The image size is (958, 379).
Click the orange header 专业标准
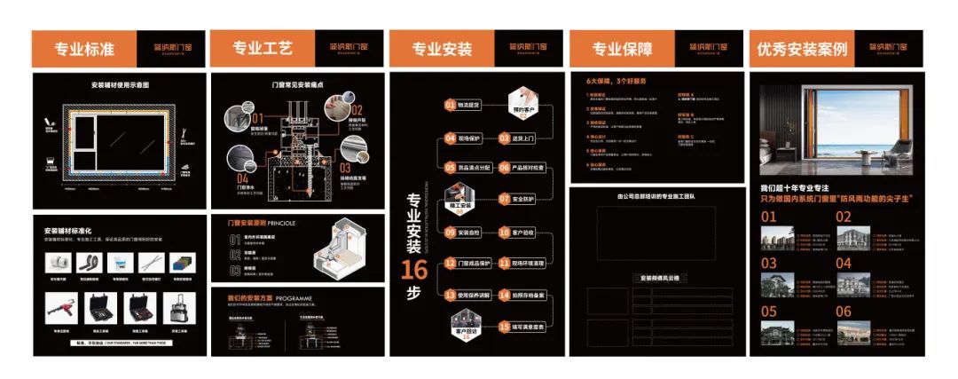[84, 49]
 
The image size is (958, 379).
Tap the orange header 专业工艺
[263, 49]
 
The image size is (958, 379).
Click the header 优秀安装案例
[802, 49]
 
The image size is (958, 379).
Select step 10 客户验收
[522, 232]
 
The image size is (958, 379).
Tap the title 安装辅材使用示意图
[120, 85]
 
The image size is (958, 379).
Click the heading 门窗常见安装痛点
[296, 85]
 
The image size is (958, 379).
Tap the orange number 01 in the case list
[768, 217]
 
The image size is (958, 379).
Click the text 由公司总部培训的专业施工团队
[656, 195]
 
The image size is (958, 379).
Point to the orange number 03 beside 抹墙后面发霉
[346, 167]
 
